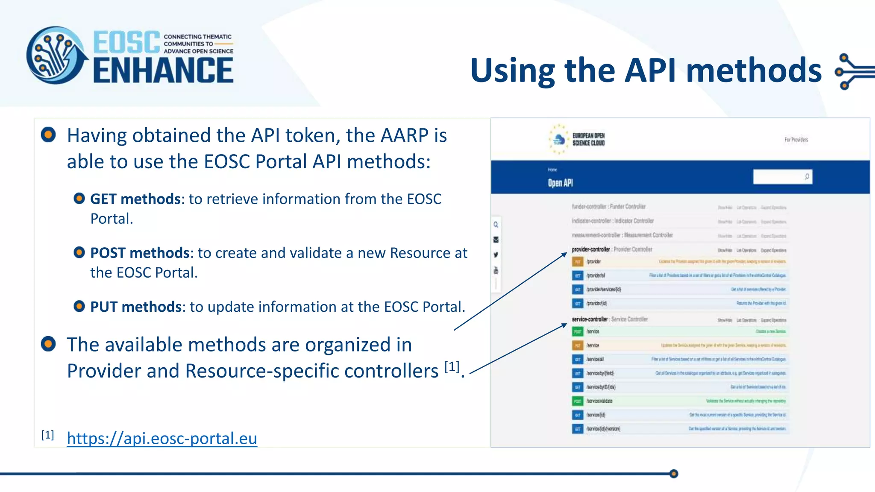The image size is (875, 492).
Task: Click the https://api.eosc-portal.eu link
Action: pyautogui.click(x=162, y=439)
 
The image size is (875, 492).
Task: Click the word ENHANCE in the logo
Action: pyautogui.click(x=163, y=71)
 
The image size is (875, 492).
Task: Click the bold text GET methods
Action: pyautogui.click(x=135, y=199)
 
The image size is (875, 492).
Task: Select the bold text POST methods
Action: pyautogui.click(x=140, y=253)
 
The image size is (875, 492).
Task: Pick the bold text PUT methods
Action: pyautogui.click(x=136, y=307)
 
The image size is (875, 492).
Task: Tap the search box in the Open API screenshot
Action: pyautogui.click(x=778, y=177)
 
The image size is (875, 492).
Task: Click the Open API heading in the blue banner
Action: pyautogui.click(x=560, y=183)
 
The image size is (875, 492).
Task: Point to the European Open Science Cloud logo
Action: pyautogui.click(x=577, y=139)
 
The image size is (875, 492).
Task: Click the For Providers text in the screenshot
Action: pyautogui.click(x=796, y=140)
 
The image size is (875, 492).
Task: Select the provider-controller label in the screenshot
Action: pyautogui.click(x=590, y=249)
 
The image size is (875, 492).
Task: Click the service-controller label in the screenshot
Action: pyautogui.click(x=590, y=319)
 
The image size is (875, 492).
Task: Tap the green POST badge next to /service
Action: pyautogui.click(x=578, y=331)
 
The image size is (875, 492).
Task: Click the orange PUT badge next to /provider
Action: pyautogui.click(x=578, y=261)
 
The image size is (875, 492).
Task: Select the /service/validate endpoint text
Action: pyautogui.click(x=599, y=401)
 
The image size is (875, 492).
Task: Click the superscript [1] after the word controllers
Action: pyautogui.click(x=452, y=366)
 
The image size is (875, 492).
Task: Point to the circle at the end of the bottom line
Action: pyautogui.click(x=674, y=474)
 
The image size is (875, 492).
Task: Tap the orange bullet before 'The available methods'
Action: pyautogui.click(x=48, y=344)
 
